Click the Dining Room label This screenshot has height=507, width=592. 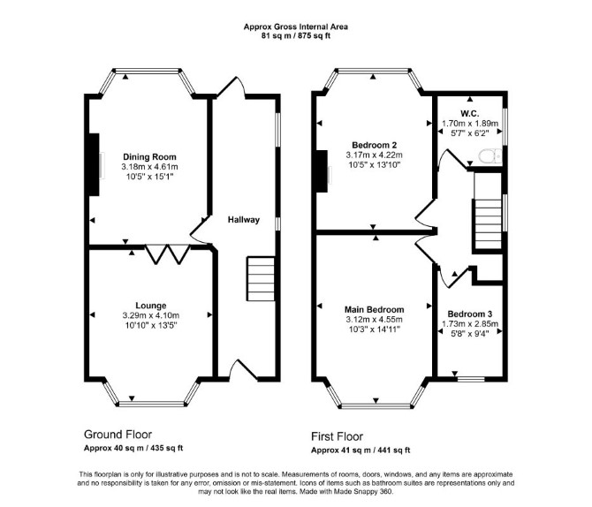tap(149, 156)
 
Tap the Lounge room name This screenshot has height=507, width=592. tap(150, 306)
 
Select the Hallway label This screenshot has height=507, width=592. tap(244, 220)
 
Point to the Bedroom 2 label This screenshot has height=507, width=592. tap(374, 145)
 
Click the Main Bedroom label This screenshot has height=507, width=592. tap(374, 309)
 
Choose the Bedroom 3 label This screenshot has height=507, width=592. tap(470, 314)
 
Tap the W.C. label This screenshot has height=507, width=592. tap(470, 113)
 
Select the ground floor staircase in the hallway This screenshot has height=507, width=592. tap(261, 279)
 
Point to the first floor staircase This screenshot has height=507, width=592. tap(488, 223)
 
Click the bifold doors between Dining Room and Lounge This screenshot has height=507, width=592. tap(167, 254)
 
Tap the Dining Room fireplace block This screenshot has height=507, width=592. tap(94, 164)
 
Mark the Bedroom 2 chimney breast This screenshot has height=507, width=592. tap(322, 171)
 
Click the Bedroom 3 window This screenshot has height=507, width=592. tap(471, 379)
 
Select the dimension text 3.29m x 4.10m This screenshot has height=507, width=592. tap(150, 315)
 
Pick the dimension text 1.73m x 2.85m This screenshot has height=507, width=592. tap(470, 324)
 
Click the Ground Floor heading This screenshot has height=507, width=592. tap(118, 435)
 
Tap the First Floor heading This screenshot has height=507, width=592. tap(337, 436)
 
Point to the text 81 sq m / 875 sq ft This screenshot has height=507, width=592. tap(296, 36)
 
